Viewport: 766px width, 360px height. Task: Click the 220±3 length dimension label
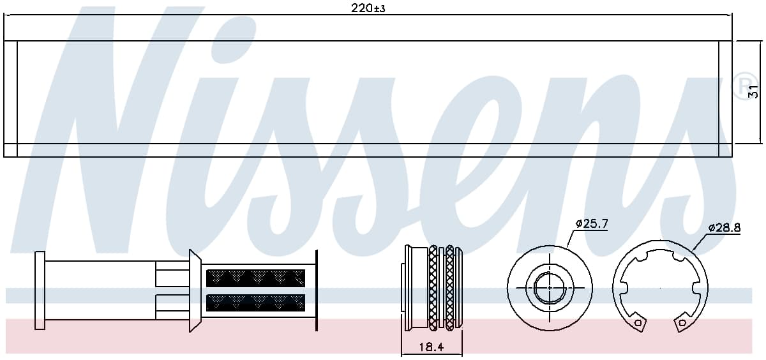[x=368, y=8]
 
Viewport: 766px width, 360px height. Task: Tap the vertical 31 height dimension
[x=753, y=92]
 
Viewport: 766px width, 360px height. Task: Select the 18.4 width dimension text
[x=432, y=347]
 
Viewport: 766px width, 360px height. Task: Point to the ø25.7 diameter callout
[x=592, y=224]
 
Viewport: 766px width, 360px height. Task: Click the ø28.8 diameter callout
[x=725, y=227]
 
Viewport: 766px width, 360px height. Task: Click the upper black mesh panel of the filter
[x=255, y=278]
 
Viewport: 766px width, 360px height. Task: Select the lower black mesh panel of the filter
[x=255, y=303]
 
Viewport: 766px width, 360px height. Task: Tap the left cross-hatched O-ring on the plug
[x=433, y=288]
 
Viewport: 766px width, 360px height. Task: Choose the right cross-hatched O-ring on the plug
[x=449, y=288]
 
